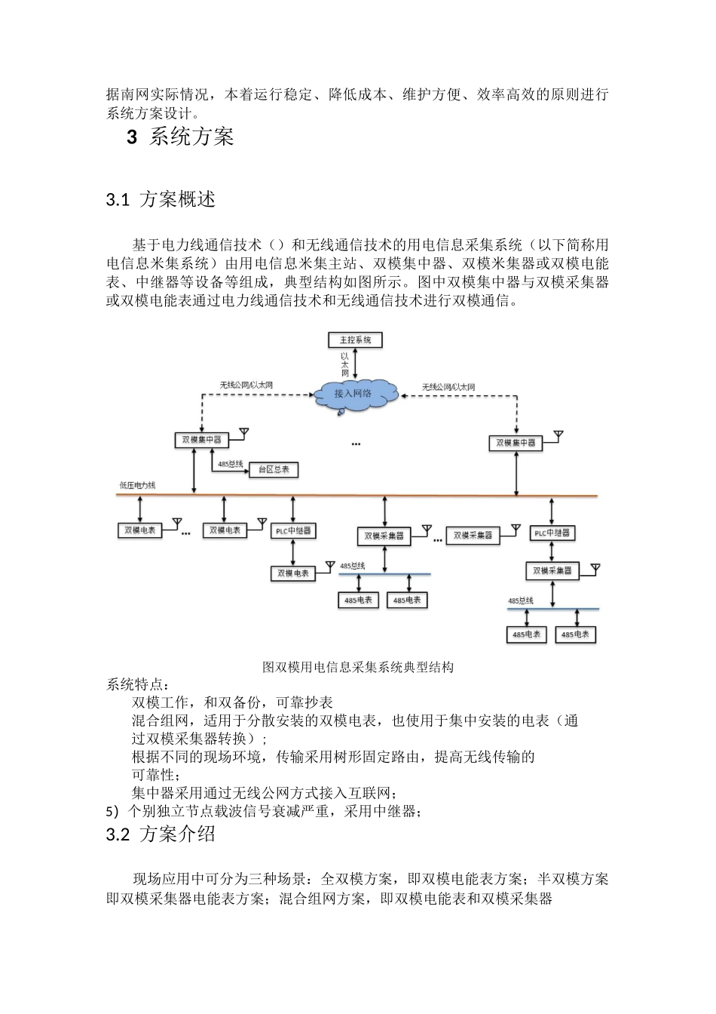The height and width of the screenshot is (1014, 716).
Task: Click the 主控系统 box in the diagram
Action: point(355,340)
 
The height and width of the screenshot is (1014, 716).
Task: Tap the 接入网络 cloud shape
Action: point(353,393)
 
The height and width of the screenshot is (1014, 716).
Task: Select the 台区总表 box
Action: point(273,469)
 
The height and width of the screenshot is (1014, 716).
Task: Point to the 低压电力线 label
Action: point(137,485)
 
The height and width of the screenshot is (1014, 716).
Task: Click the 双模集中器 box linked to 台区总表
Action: point(201,439)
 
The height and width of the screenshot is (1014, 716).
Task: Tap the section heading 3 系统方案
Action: point(181,137)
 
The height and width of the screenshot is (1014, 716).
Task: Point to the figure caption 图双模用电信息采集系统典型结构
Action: point(357,667)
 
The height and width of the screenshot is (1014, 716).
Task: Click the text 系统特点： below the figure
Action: point(134,684)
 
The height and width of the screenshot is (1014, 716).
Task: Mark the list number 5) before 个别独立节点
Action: point(113,812)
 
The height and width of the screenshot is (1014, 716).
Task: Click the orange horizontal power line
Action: point(422,496)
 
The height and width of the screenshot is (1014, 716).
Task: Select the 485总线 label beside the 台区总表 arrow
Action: point(230,464)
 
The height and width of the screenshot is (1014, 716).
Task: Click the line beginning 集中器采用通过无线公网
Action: point(264,793)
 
